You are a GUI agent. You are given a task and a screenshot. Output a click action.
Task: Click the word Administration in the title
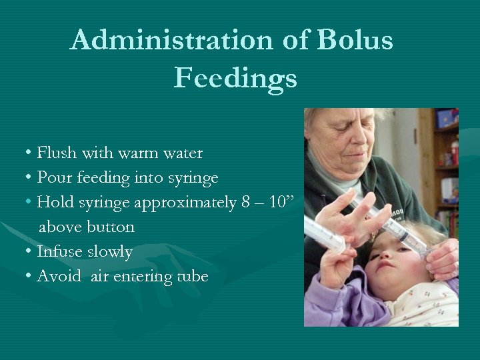tap(171, 40)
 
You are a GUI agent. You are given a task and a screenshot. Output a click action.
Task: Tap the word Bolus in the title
tap(355, 39)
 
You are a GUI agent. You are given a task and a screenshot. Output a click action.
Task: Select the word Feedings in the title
tap(235, 79)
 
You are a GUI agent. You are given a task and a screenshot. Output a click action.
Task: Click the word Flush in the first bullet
tap(57, 152)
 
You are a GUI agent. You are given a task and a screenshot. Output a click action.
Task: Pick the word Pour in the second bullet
tap(55, 177)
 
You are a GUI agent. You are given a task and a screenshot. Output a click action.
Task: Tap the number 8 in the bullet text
tap(245, 202)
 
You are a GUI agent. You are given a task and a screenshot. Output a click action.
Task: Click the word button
tap(111, 227)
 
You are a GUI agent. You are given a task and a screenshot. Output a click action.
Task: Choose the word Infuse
tap(60, 251)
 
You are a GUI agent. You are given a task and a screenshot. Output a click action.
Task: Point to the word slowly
tap(110, 252)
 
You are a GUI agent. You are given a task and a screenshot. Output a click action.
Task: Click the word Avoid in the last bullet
tap(59, 276)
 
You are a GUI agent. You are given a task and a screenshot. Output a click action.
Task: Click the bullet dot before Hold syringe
tap(29, 201)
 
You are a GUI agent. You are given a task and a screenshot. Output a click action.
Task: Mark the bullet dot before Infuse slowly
tap(29, 251)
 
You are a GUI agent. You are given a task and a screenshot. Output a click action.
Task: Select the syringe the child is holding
tap(325, 234)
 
